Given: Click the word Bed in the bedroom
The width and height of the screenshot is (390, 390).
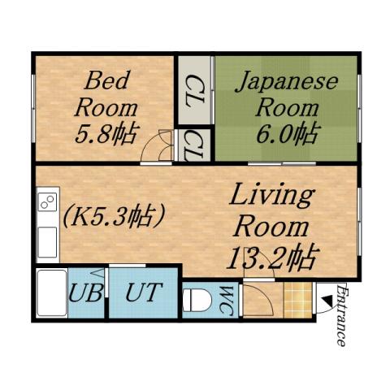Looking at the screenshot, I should tap(103, 82).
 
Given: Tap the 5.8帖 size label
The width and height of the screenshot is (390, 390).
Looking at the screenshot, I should tap(106, 132).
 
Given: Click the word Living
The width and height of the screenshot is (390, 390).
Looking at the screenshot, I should tap(271, 196).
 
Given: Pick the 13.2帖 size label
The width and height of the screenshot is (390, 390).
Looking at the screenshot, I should tap(270, 258).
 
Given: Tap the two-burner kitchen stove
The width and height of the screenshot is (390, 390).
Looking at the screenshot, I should tap(47, 200).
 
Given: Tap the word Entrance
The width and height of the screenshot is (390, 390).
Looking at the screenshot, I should tap(341, 317).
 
